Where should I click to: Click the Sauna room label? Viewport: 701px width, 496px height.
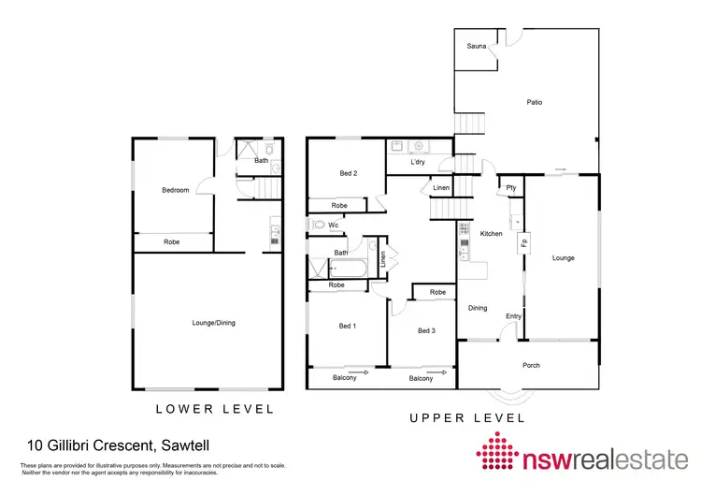(476, 45)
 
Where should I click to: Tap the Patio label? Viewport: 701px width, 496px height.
(534, 103)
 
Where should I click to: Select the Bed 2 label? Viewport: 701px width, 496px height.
(348, 173)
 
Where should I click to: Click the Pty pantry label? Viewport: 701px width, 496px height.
(511, 187)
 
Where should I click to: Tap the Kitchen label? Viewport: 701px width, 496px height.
(492, 233)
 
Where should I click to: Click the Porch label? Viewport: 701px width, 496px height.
(531, 365)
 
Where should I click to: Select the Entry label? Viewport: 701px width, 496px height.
(513, 316)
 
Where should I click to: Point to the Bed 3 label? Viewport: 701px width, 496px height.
(427, 330)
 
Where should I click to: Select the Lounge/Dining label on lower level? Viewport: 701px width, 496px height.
(213, 323)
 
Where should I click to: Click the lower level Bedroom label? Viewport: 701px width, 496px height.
(176, 191)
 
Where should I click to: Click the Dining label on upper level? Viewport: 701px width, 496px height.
(478, 308)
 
